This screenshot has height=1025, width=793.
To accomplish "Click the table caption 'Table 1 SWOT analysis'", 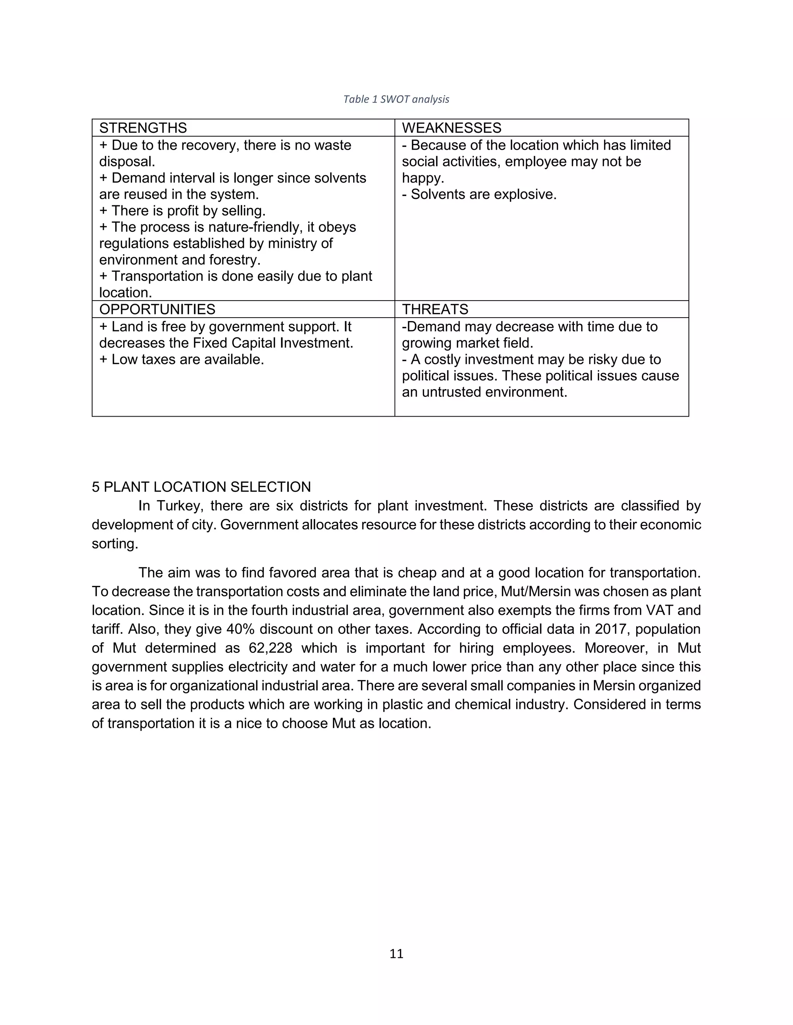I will pyautogui.click(x=396, y=99).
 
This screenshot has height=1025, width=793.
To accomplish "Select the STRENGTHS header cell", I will pyautogui.click(x=143, y=128).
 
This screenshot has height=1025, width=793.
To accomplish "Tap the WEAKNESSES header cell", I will pyautogui.click(x=451, y=128).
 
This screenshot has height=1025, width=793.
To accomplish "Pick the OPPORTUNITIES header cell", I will pyautogui.click(x=157, y=309).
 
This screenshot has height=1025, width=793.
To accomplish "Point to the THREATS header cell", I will pyautogui.click(x=434, y=309).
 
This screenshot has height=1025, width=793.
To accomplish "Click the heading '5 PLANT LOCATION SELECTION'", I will pyautogui.click(x=201, y=487).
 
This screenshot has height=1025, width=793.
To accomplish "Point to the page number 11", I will pyautogui.click(x=396, y=954).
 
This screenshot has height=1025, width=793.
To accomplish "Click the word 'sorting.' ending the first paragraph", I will pyautogui.click(x=115, y=544).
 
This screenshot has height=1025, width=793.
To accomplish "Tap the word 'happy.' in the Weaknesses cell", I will pyautogui.click(x=422, y=178).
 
